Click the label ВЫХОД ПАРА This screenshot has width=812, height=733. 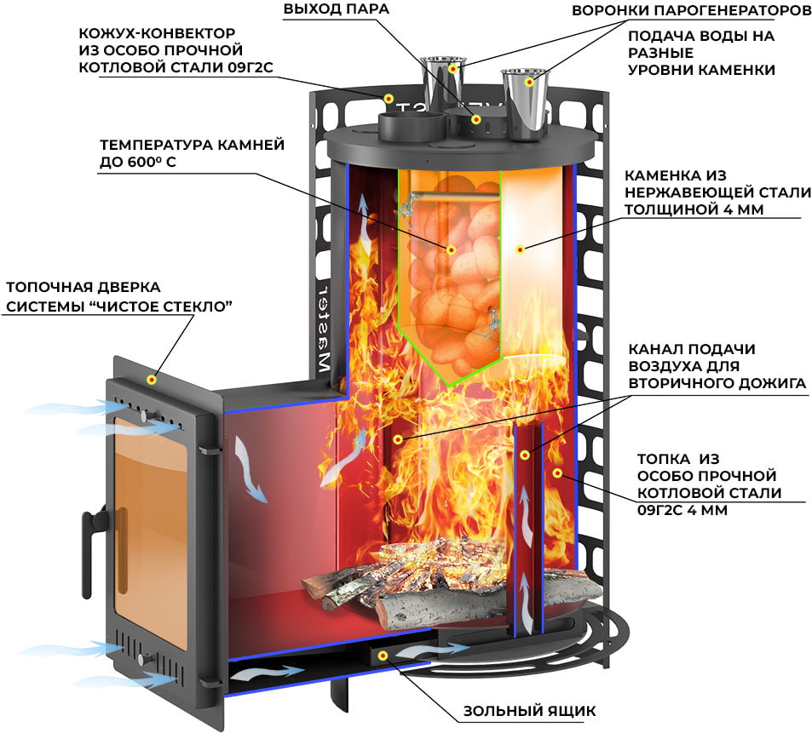point(336,9)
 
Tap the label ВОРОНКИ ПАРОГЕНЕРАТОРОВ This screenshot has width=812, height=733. point(691,10)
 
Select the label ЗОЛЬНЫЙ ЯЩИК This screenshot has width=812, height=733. point(529,711)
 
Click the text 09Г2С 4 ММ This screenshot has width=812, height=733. point(682,510)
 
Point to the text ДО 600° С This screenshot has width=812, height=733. point(138,162)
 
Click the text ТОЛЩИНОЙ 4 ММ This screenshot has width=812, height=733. point(694,209)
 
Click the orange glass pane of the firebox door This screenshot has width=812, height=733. point(150,530)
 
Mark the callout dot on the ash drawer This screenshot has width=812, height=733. point(383,656)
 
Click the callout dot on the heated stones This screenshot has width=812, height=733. point(451,249)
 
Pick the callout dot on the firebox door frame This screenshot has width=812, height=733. point(152,380)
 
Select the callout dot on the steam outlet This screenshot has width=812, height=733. point(476,120)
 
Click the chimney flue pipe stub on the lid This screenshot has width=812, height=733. point(412,126)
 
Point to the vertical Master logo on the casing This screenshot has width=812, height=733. point(323,328)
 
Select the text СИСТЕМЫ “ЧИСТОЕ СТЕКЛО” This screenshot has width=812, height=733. point(119,306)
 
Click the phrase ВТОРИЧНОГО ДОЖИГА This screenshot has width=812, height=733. point(717,383)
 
